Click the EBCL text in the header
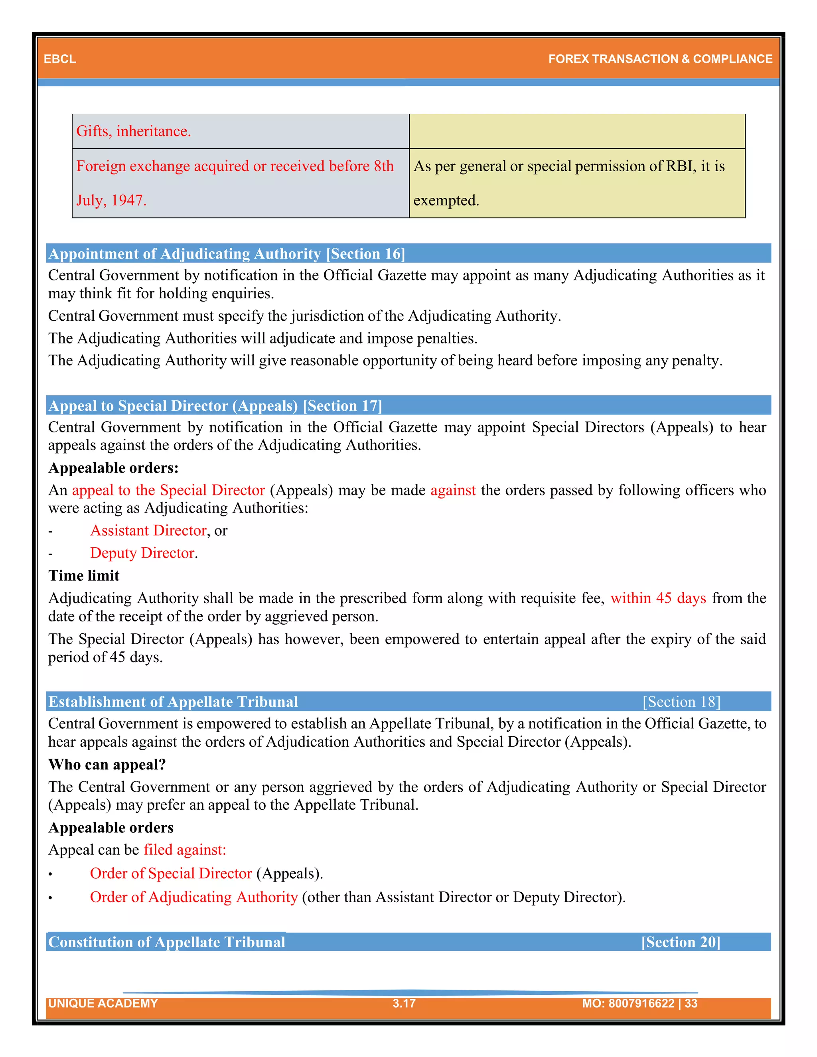(x=59, y=59)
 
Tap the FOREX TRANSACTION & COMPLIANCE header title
(x=660, y=59)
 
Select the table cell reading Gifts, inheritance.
(x=134, y=131)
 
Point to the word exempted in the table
(x=446, y=200)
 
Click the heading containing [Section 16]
(x=227, y=254)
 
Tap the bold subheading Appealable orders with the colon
(x=113, y=468)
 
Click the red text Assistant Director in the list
(x=148, y=530)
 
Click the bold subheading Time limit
(x=84, y=576)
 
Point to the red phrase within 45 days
(x=658, y=598)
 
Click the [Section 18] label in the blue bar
(x=681, y=702)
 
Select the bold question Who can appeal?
(x=107, y=764)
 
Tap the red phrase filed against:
(x=185, y=850)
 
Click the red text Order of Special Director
(x=171, y=873)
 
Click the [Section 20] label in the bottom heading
(x=681, y=942)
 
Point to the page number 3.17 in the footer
(x=404, y=1003)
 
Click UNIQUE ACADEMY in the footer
(x=103, y=1003)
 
